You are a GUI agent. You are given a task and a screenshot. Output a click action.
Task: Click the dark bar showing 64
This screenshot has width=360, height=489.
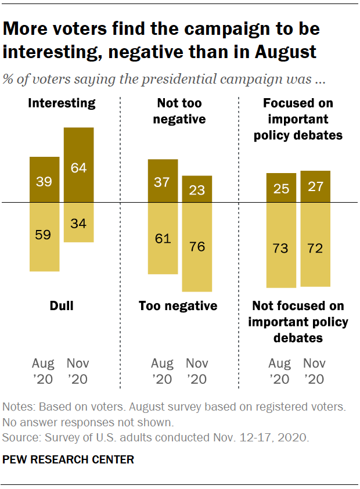point(78,165)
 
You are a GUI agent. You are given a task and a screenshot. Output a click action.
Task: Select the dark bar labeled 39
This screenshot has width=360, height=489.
point(44,179)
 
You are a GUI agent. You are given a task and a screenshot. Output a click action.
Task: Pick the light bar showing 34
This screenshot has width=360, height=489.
point(78,222)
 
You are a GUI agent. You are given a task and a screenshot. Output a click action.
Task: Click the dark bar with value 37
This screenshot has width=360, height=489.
point(163,181)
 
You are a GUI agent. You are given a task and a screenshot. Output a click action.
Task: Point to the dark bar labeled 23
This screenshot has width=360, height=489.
point(197,189)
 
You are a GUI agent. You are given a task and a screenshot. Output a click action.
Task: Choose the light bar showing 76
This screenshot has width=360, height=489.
point(197,247)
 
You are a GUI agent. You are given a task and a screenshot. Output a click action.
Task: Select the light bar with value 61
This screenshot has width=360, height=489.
point(163,238)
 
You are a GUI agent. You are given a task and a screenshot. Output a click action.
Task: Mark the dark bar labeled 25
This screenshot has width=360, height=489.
point(282,188)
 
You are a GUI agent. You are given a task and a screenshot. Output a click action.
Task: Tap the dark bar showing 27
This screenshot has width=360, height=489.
point(315,186)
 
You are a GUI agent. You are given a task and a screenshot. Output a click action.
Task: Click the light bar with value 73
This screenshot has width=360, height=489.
point(282,245)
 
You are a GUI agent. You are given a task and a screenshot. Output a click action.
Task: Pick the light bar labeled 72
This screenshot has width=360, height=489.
point(315,245)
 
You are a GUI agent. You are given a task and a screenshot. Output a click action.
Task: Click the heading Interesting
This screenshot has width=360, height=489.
point(62,103)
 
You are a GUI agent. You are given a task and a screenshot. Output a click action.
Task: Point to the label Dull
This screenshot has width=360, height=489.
point(62,305)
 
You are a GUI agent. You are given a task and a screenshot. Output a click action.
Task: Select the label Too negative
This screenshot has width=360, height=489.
point(178,305)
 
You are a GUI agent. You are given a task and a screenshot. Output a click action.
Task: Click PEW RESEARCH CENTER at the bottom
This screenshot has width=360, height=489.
point(69,460)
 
